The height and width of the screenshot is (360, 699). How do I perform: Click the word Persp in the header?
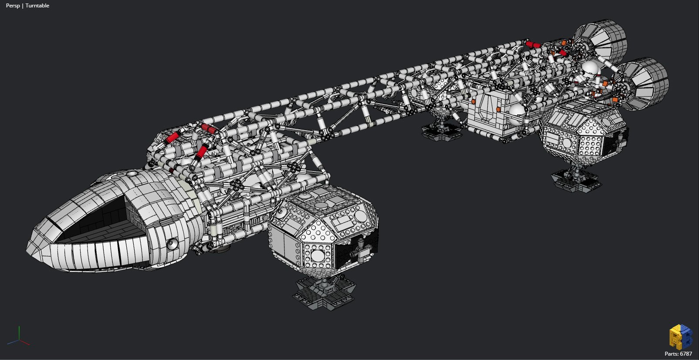pyautogui.click(x=13, y=6)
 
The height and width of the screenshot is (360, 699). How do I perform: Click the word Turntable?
pyautogui.click(x=37, y=6)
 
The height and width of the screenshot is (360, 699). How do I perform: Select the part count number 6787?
pyautogui.click(x=686, y=354)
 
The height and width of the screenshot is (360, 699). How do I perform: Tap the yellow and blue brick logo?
pyautogui.click(x=681, y=337)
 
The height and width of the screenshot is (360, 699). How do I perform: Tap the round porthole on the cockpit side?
pyautogui.click(x=171, y=244)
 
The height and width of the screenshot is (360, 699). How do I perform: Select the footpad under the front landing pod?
pyautogui.click(x=324, y=293)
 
